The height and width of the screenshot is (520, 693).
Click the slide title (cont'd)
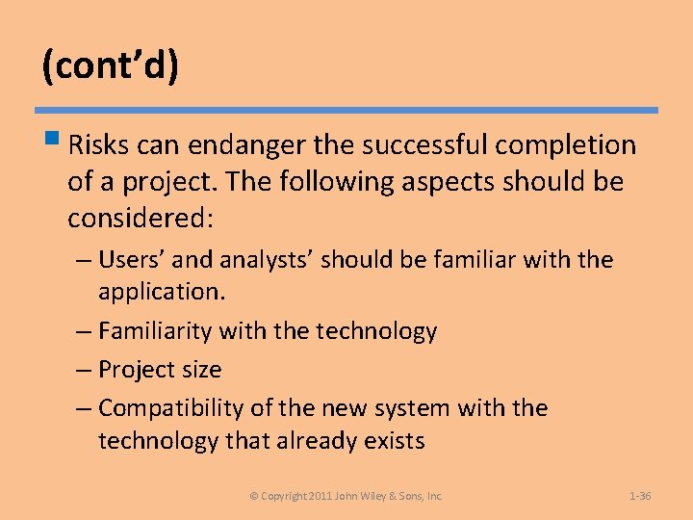[110, 66]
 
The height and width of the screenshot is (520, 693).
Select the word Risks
[99, 145]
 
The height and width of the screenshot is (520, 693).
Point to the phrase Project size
[160, 371]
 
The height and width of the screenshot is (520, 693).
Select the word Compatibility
[171, 409]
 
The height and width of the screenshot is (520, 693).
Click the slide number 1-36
[640, 496]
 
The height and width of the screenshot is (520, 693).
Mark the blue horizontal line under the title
[346, 110]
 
